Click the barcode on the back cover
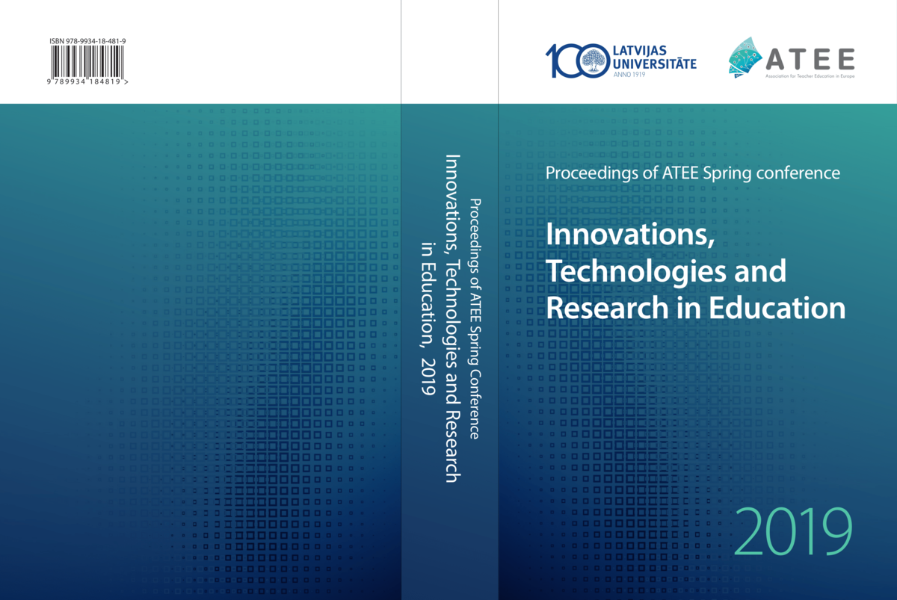coord(87,61)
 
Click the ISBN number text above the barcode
coord(87,41)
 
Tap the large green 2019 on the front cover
coord(793,531)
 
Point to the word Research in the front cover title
coord(607,307)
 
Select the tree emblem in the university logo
coord(594,61)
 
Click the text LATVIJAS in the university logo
coord(634,51)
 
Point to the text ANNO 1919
coord(629,75)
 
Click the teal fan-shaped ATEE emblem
coord(745,58)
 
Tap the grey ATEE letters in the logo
coord(810,59)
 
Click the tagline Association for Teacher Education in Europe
coord(810,76)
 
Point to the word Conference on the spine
coord(474,404)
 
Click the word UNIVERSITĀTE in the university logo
coord(655,64)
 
